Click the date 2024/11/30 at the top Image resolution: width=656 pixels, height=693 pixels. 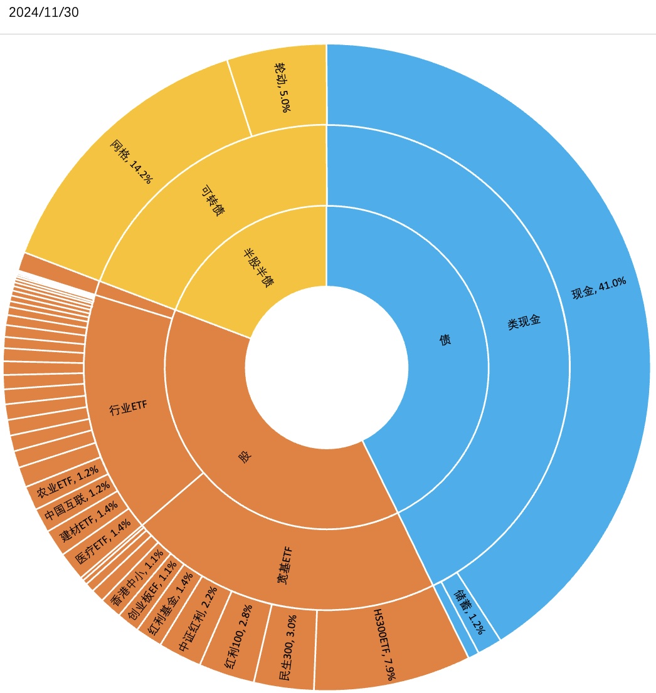pyautogui.click(x=44, y=13)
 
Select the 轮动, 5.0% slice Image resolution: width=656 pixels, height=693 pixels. pyautogui.click(x=283, y=87)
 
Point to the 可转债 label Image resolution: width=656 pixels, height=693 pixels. pyautogui.click(x=213, y=201)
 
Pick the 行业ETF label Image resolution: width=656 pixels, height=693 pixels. pyautogui.click(x=128, y=408)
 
